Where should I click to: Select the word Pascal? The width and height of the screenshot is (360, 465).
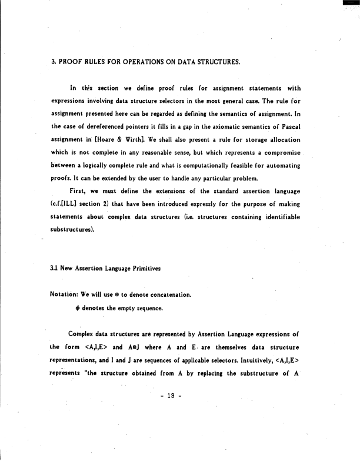tap(288, 129)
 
